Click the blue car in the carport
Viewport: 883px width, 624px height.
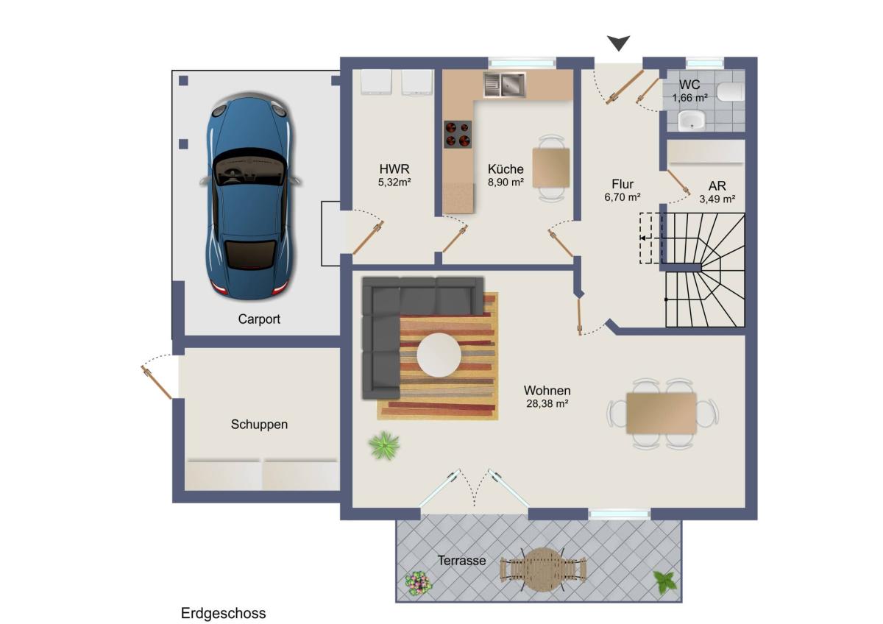pos(250,196)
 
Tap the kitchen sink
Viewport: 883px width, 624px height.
pos(505,85)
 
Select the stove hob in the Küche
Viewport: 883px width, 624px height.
pos(458,134)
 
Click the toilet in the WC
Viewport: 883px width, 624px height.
pos(730,91)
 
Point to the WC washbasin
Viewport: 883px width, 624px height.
pos(692,120)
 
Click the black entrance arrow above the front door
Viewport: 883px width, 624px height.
pos(618,43)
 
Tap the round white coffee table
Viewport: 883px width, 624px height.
pos(439,355)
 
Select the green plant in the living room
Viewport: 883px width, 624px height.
pos(384,445)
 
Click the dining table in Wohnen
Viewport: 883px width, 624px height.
pos(662,413)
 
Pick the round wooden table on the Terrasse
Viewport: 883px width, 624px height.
pos(543,570)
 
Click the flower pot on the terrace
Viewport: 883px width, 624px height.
pos(418,583)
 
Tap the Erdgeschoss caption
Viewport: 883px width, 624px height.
pos(223,614)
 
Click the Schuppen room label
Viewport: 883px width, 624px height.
pos(259,424)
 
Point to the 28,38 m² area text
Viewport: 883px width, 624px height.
pos(547,403)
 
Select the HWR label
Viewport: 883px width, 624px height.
pos(394,169)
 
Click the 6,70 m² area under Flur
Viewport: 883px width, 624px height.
pos(623,196)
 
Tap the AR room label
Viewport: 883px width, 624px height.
pos(717,185)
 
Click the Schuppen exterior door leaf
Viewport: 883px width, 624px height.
pos(157,383)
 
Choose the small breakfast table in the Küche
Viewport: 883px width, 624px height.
pos(551,168)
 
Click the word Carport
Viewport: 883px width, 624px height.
pos(259,319)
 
